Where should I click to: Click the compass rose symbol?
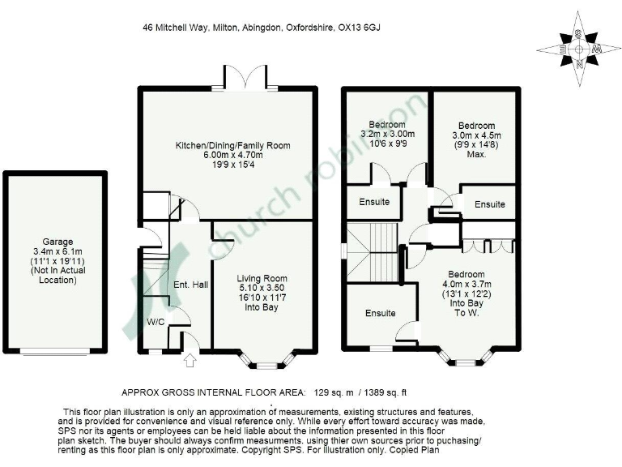[579, 47]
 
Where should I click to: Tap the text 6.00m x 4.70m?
[232, 156]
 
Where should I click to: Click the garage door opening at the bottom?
[55, 352]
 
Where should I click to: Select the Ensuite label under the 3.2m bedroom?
[373, 201]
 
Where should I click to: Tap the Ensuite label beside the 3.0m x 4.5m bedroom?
[490, 204]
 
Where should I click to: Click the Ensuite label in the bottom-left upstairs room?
[380, 313]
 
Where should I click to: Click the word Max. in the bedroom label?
[475, 155]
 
